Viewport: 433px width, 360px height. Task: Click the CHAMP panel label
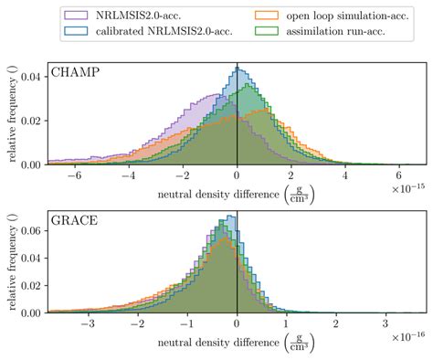click(76, 73)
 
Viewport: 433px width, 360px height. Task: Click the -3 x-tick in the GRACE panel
click(87, 323)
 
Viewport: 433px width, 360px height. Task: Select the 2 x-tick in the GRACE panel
click(337, 323)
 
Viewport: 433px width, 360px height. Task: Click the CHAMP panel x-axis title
click(236, 193)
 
